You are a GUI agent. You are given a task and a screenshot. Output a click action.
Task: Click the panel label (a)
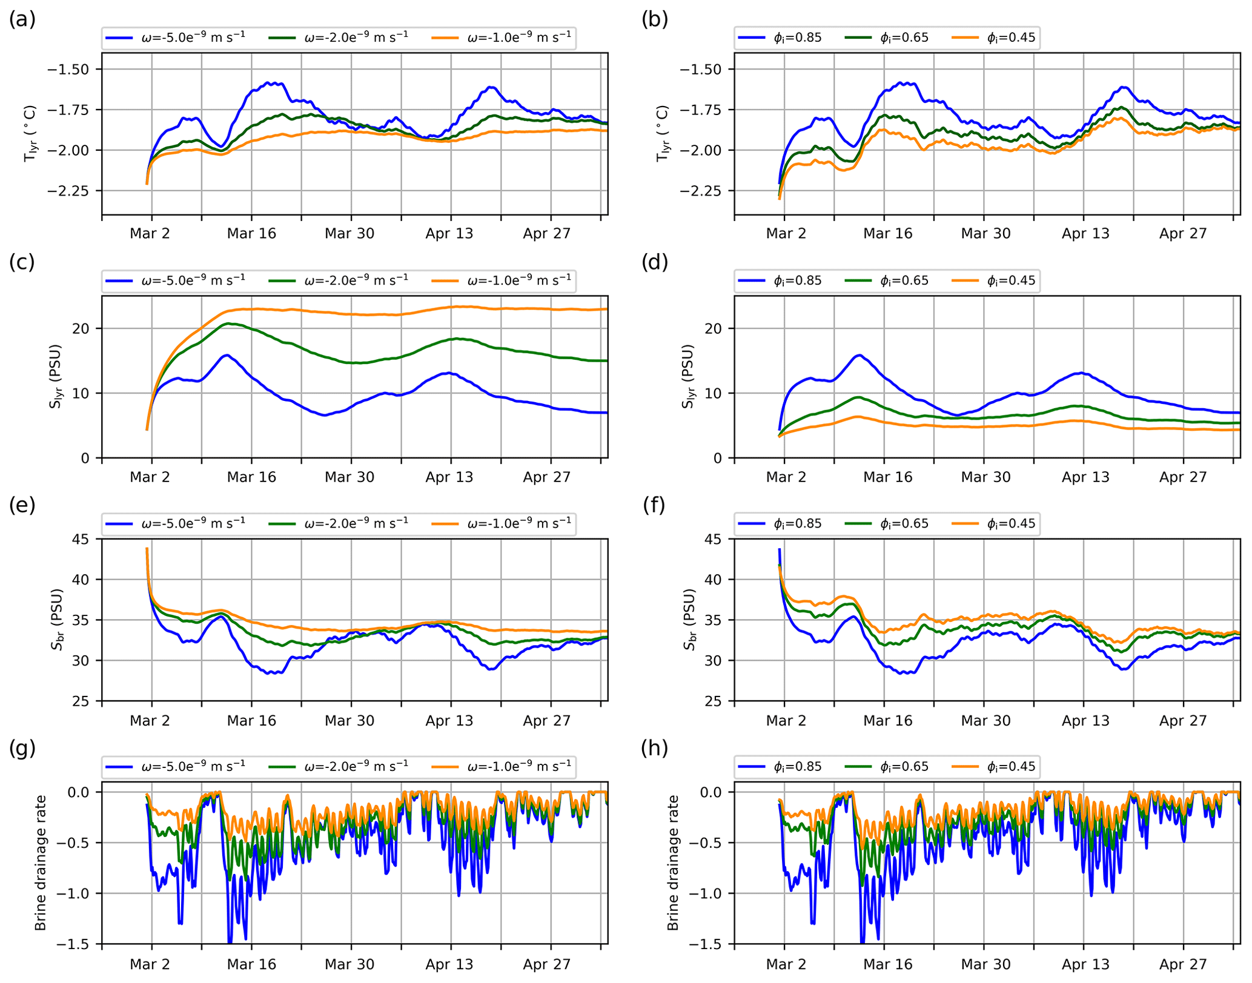(x=22, y=20)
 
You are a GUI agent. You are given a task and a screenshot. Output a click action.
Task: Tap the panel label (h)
(x=655, y=749)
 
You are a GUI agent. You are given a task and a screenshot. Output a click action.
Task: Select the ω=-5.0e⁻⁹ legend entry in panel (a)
(x=176, y=38)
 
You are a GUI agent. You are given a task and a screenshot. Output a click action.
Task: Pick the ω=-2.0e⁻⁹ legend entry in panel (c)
(x=339, y=280)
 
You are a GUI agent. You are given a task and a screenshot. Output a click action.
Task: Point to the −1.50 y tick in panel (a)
(x=68, y=69)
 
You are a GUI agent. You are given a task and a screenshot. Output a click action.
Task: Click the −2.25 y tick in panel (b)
(x=700, y=191)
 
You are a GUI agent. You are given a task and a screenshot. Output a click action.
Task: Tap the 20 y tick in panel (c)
(x=81, y=328)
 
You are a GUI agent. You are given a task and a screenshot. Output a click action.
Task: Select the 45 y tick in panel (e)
(x=81, y=539)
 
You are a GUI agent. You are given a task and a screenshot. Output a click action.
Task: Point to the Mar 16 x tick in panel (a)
(x=251, y=234)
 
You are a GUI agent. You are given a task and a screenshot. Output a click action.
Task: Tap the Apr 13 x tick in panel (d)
(x=1085, y=477)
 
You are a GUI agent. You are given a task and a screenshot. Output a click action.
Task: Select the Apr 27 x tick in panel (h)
(x=1183, y=964)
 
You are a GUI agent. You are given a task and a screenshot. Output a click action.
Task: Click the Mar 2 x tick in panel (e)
(x=150, y=721)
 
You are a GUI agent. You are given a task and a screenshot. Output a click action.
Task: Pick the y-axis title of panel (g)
(x=41, y=863)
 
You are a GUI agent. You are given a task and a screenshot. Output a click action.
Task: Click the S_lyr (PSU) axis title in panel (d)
(x=687, y=376)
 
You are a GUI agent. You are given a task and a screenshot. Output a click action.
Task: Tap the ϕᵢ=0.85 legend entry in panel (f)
(x=781, y=523)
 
